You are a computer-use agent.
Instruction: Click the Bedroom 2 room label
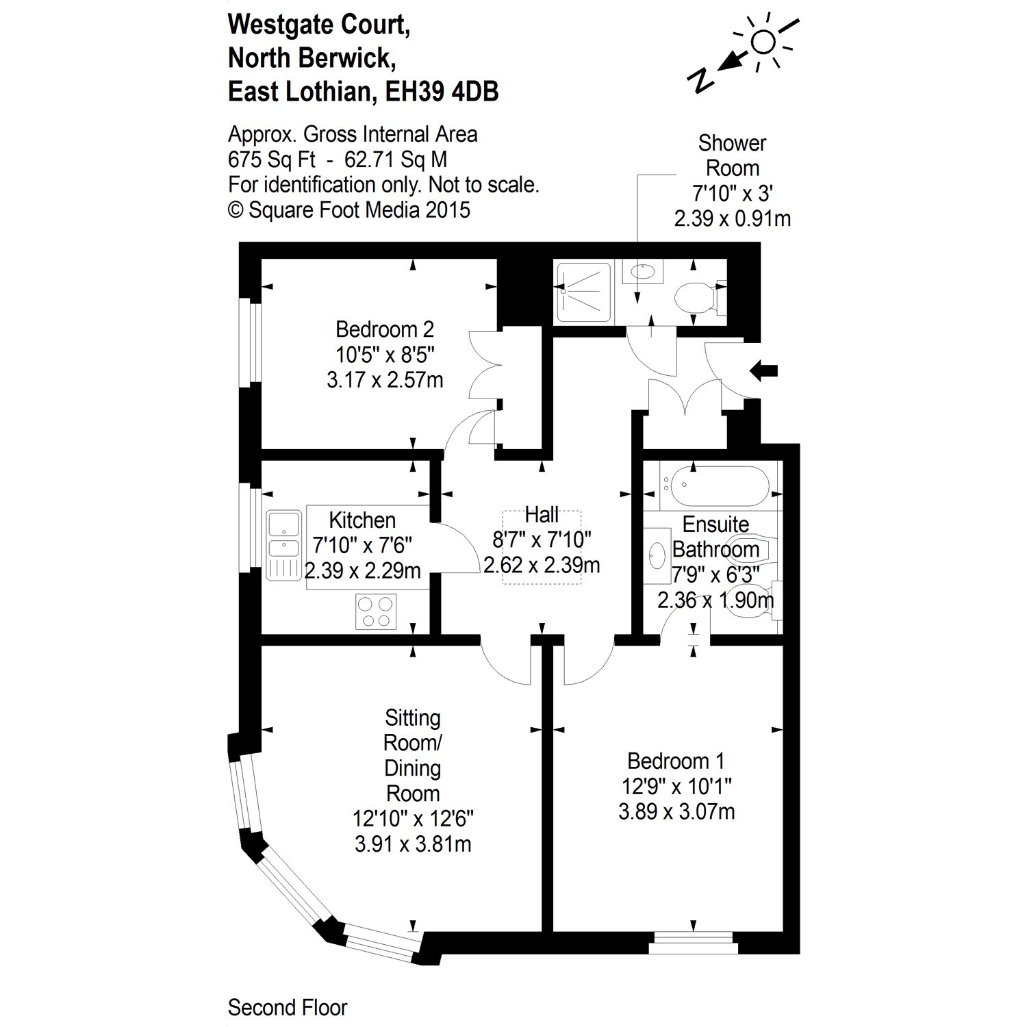pos(384,330)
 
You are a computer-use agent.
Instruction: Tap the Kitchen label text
pos(362,520)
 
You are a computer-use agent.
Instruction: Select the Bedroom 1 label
pos(676,761)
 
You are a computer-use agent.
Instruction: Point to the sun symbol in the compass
pos(763,43)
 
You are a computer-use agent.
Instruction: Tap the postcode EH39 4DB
pos(442,92)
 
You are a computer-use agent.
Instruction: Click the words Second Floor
pos(288,1008)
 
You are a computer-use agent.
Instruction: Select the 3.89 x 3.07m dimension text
pos(676,812)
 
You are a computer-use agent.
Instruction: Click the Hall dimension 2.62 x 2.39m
pos(542,566)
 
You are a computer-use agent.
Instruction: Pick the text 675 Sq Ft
pos(271,160)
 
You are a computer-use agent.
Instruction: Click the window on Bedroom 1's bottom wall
pos(693,942)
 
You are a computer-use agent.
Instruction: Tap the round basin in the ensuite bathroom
pos(657,555)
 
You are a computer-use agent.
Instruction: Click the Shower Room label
pos(732,155)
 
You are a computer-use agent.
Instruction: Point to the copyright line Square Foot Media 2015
pos(349,210)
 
